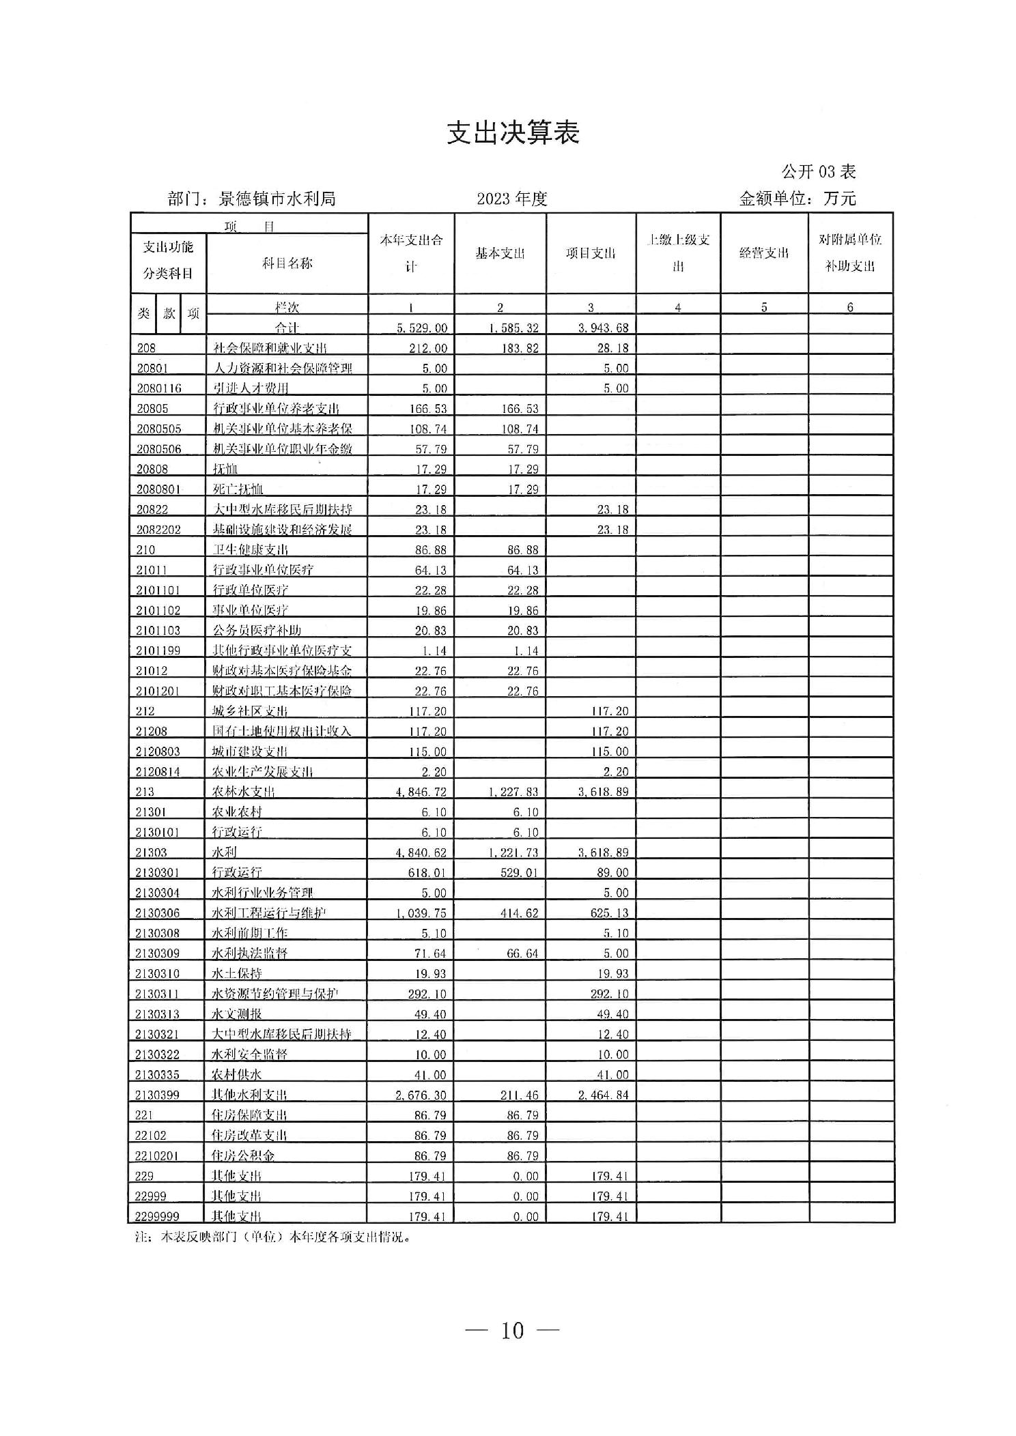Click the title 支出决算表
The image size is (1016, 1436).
513,133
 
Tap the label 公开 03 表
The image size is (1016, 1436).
818,171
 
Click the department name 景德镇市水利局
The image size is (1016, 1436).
277,199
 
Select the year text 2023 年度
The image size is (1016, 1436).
512,199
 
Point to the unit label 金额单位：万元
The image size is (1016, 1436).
797,199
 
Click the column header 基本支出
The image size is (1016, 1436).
500,253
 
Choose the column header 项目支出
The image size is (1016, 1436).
591,253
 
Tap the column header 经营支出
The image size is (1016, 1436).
764,253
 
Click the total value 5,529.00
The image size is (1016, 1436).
422,328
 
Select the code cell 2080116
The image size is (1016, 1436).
159,388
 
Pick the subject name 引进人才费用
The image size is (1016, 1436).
251,388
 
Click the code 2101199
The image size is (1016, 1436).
158,650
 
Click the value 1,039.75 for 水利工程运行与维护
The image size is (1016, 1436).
421,913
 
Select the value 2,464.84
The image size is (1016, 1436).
603,1095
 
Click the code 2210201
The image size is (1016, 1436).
158,1155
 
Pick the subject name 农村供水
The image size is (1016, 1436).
237,1074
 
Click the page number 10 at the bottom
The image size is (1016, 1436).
512,1330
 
